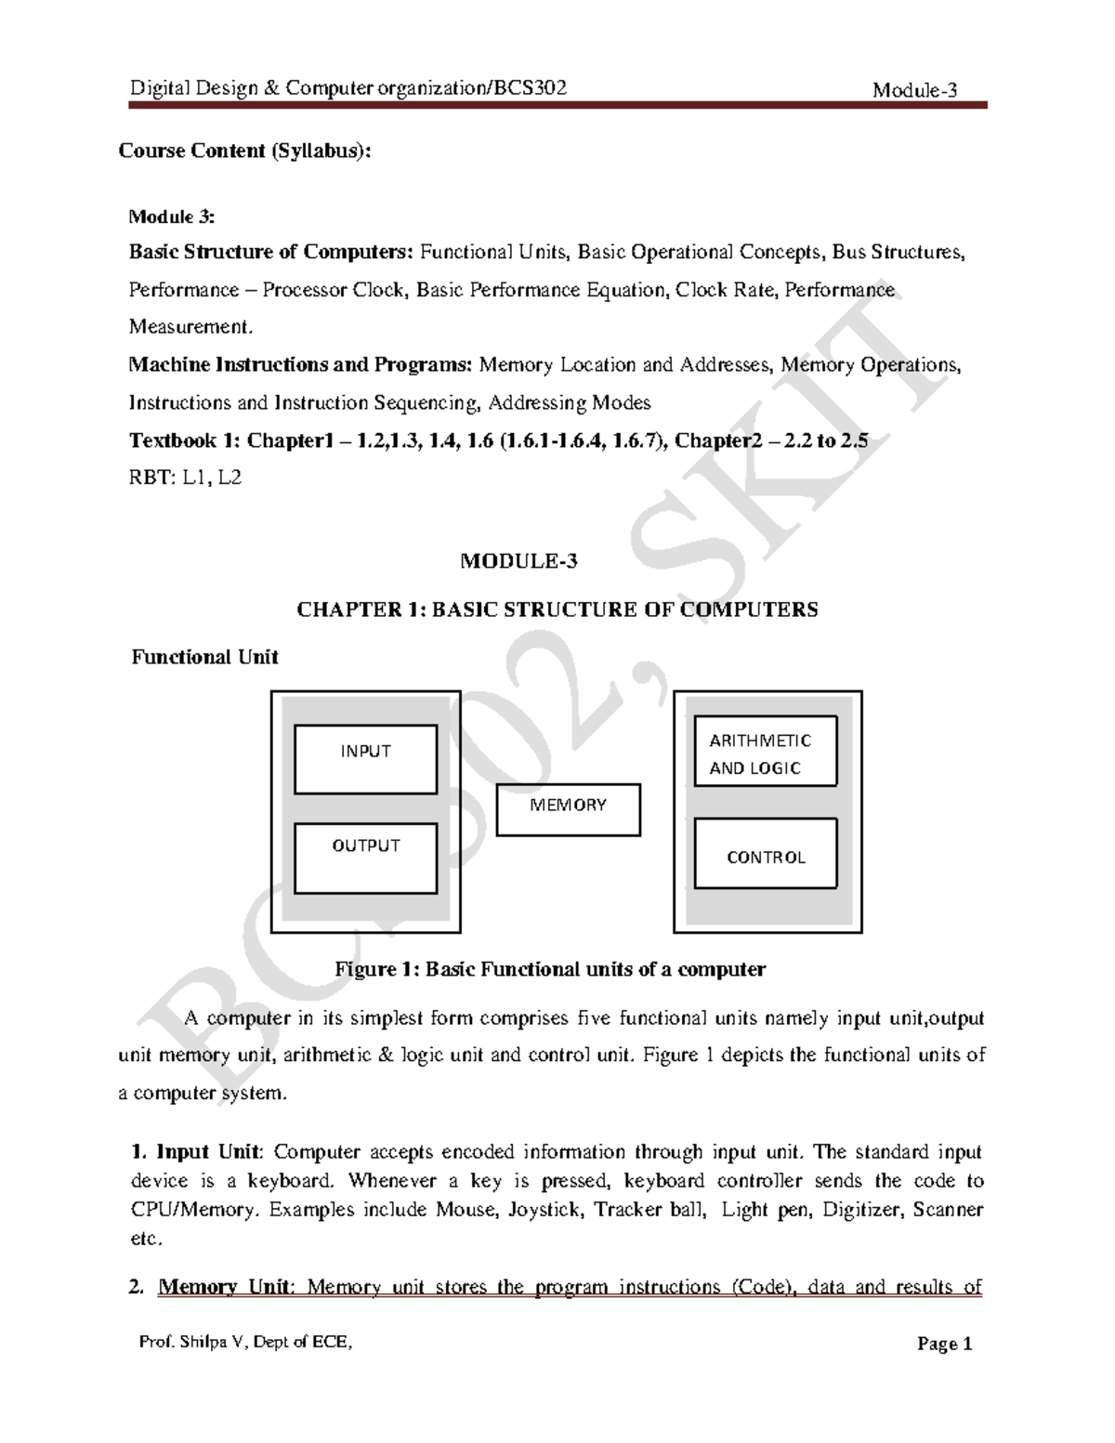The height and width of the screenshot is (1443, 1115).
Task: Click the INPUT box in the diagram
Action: [x=365, y=759]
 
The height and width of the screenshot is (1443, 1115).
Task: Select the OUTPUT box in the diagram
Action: [x=365, y=857]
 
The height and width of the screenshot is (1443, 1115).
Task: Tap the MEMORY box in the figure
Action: [x=568, y=809]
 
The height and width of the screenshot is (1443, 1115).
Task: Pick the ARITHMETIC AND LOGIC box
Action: [x=766, y=751]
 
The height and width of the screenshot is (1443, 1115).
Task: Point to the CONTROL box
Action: [x=766, y=853]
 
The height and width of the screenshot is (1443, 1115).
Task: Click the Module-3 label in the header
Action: [x=914, y=90]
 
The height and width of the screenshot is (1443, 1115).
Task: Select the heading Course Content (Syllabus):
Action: [x=244, y=151]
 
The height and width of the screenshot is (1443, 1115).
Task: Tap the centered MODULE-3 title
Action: [x=519, y=561]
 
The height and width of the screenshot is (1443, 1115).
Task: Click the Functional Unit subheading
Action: [x=204, y=657]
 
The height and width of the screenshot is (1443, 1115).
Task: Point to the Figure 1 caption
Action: [x=550, y=969]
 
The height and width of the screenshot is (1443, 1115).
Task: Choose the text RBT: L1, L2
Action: [x=185, y=479]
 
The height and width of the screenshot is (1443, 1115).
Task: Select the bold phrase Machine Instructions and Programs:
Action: [x=300, y=364]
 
